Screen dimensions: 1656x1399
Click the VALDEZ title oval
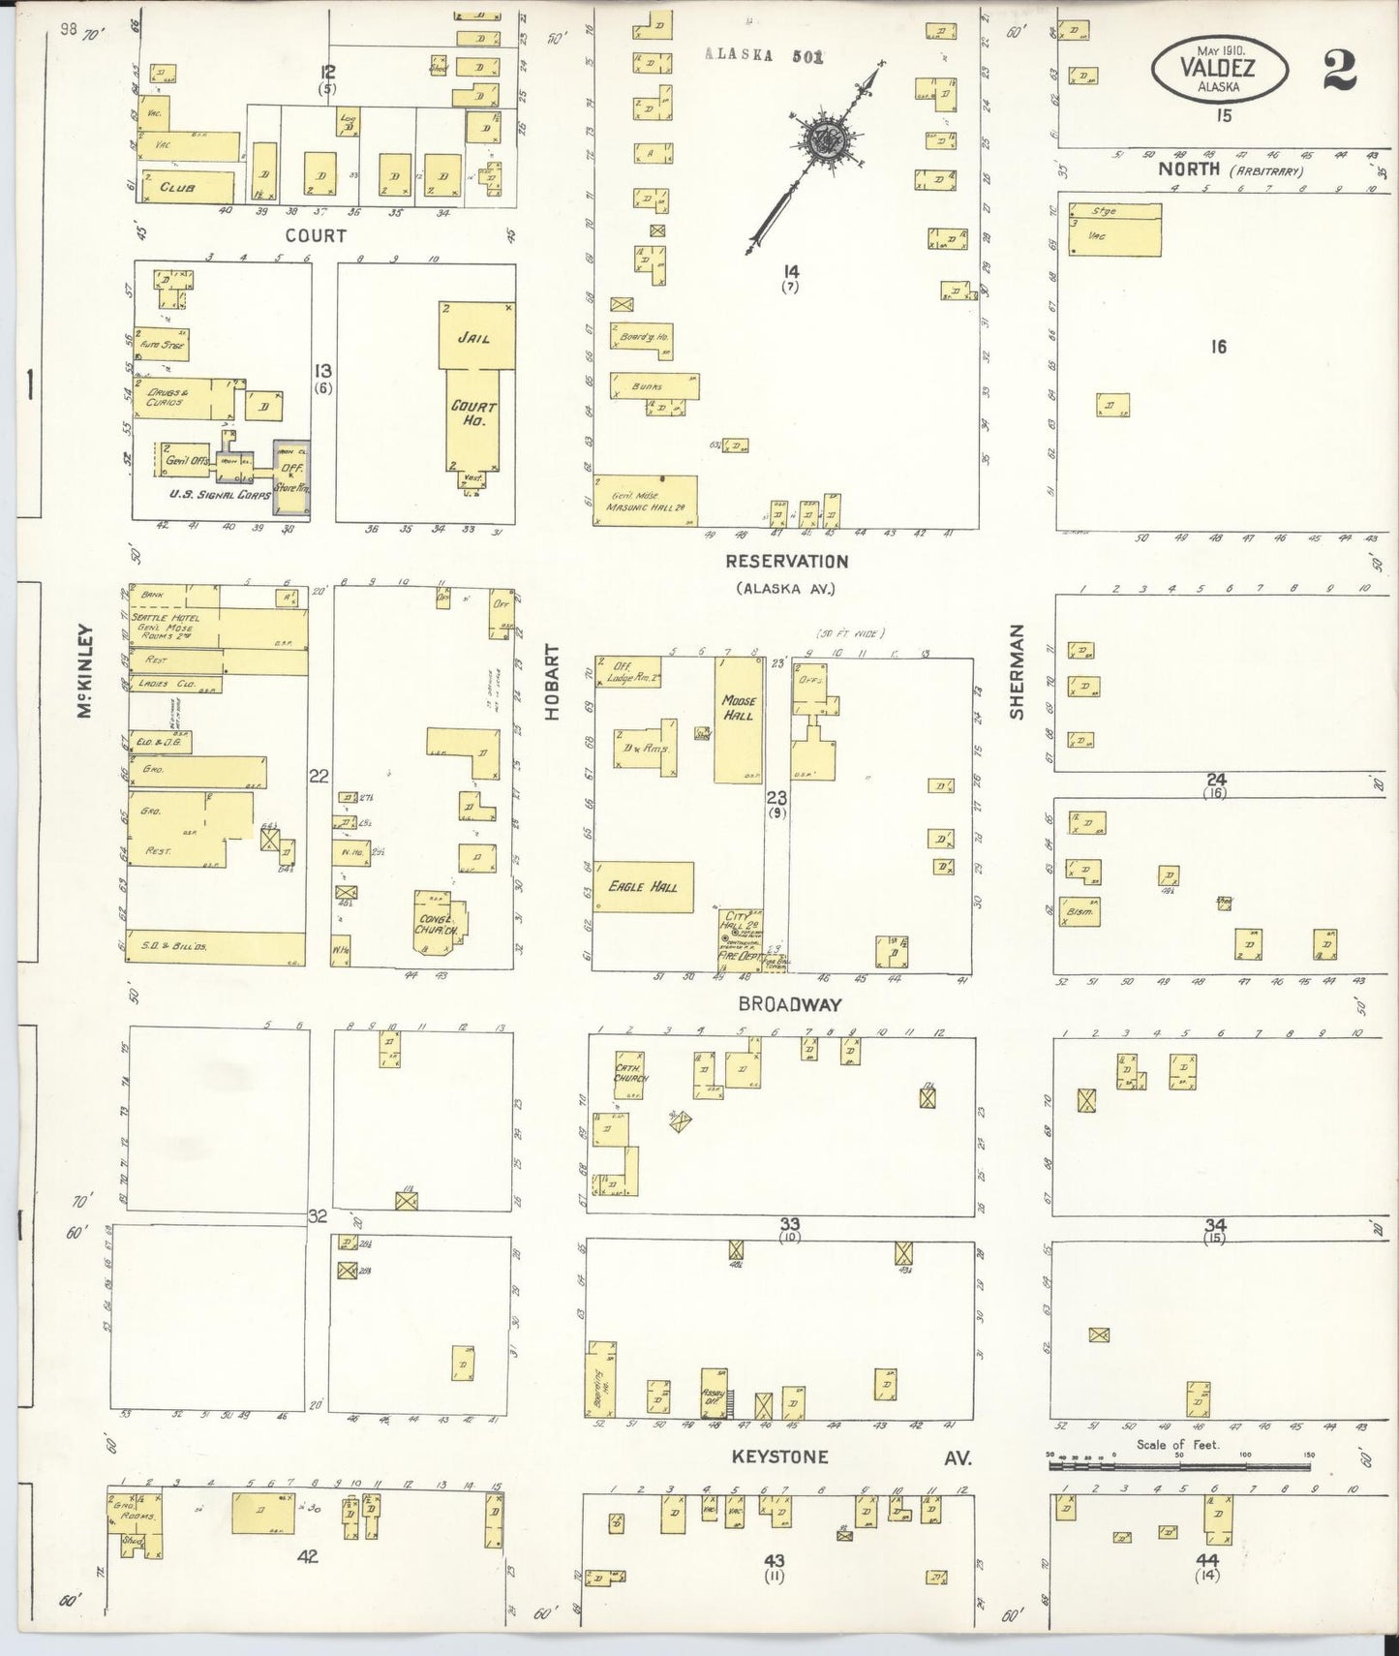tap(1220, 70)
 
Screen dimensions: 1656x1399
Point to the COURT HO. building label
tap(472, 414)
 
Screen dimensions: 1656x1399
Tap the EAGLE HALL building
tap(643, 886)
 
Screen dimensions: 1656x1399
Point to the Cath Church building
tap(629, 1073)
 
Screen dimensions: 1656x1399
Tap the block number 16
tap(1218, 347)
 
